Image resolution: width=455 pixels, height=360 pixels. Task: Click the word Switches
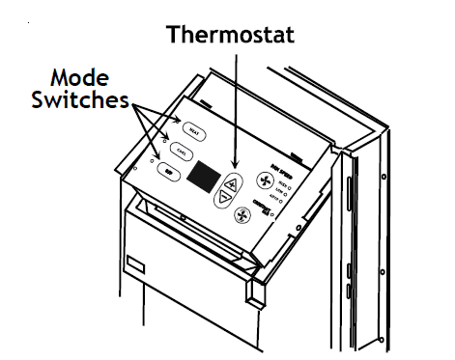point(82,99)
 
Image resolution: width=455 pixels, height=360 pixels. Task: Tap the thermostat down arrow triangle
point(224,198)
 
